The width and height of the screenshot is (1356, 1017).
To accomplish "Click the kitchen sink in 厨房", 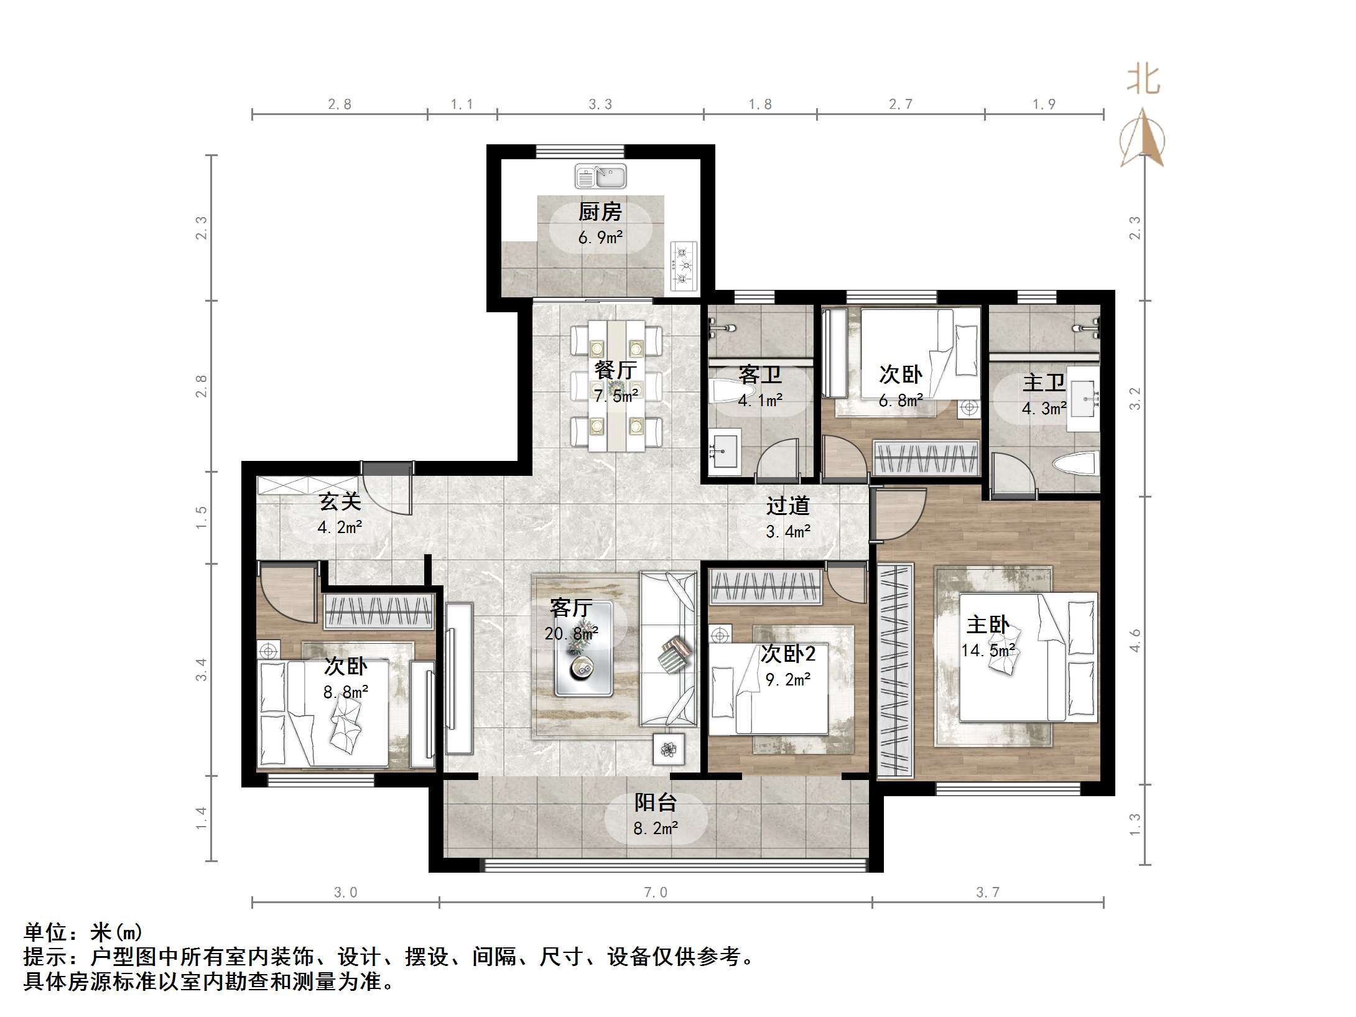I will tap(600, 177).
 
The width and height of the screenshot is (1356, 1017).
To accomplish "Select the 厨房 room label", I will tap(600, 212).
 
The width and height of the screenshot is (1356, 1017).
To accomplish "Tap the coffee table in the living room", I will tap(583, 648).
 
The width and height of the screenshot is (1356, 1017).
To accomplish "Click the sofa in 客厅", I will tap(669, 649).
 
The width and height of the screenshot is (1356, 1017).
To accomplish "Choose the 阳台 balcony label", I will tap(655, 802).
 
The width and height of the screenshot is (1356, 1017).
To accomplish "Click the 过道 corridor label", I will tap(787, 506).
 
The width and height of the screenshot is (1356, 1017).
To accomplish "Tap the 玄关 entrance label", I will tap(340, 501).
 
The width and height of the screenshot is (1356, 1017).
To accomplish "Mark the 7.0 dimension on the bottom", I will tap(655, 893).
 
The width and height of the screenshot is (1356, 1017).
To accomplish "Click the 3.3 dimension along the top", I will tap(600, 104).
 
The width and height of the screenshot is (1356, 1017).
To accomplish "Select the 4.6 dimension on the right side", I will tap(1135, 640).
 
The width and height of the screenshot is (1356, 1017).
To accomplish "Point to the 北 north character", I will tap(1143, 80).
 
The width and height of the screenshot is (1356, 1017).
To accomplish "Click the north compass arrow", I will tap(1142, 138).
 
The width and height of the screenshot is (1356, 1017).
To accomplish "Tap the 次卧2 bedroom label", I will tap(787, 654).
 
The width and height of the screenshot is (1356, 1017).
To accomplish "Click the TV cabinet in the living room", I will tap(459, 678).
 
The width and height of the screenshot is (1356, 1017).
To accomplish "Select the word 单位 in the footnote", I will tap(45, 932).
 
